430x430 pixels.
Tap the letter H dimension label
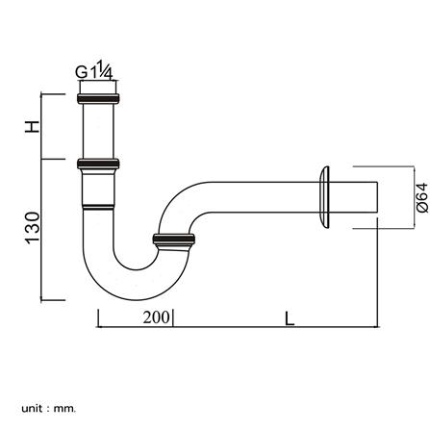[x=32, y=127]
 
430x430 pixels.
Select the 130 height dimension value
[x=33, y=228]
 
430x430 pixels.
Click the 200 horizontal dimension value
[x=156, y=317]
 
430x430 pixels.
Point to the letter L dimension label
[x=290, y=318]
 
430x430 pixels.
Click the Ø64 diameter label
[x=421, y=197]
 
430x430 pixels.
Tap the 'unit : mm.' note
[x=49, y=409]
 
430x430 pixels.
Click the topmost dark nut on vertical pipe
[x=98, y=98]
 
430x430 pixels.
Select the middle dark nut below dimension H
[x=98, y=164]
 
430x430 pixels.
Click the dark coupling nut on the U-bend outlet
[x=173, y=240]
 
